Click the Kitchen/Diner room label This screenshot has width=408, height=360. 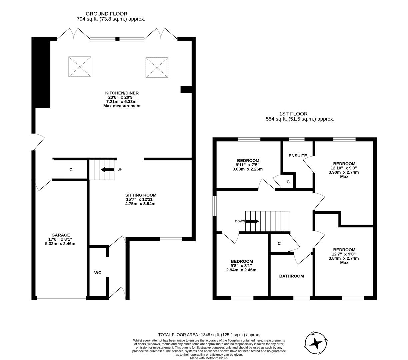click(x=122, y=93)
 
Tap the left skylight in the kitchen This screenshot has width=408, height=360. click(x=80, y=67)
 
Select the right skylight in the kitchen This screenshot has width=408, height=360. click(x=157, y=67)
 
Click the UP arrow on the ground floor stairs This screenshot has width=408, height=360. click(x=107, y=170)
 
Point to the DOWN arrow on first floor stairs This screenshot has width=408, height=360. click(x=252, y=221)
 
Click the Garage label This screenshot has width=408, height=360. click(x=61, y=235)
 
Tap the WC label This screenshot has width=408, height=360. click(x=98, y=273)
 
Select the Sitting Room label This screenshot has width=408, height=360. click(x=141, y=195)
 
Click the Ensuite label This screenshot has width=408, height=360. click(x=298, y=156)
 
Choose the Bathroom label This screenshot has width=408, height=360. click(x=291, y=276)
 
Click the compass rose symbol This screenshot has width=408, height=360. click(x=316, y=343)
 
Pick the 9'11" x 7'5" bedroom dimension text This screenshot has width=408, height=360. click(x=247, y=165)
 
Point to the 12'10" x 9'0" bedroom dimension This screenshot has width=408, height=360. click(x=344, y=168)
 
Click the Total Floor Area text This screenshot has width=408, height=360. click(x=209, y=335)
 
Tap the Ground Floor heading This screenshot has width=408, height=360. click(x=106, y=14)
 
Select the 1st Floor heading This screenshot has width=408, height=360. click(x=293, y=114)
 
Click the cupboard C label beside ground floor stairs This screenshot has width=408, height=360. click(x=71, y=170)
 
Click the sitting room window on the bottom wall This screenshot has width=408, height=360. click(x=171, y=239)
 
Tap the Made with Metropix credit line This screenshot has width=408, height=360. click(x=209, y=358)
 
